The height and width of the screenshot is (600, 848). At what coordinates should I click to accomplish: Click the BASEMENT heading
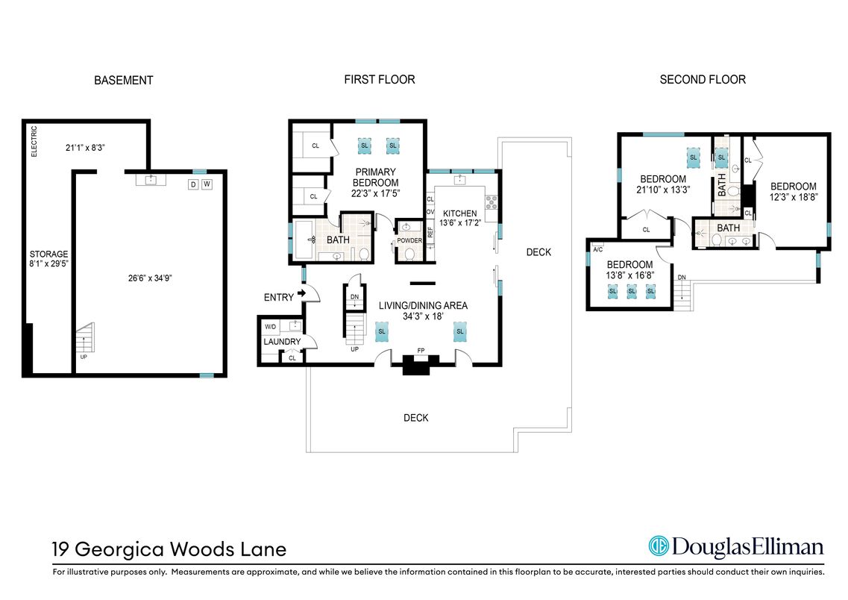123,81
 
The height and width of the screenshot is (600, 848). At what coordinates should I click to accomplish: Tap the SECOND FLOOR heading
703,80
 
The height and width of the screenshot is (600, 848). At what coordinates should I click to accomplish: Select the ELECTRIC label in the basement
34,142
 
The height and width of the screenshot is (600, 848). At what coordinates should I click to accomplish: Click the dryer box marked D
194,184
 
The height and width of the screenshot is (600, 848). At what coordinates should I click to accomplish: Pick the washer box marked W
207,184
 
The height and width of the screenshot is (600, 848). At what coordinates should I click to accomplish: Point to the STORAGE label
48,254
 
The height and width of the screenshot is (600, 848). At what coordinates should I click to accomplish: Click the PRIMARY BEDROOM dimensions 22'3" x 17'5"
375,194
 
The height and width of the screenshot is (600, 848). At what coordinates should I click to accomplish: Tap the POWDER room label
409,240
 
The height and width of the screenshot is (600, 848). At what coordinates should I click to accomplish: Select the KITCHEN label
459,213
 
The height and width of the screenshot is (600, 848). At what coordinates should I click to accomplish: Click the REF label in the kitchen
430,232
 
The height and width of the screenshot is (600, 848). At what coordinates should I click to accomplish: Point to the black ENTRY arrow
301,293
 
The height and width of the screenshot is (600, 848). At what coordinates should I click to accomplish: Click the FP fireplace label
421,351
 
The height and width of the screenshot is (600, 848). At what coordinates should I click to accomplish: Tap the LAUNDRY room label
282,342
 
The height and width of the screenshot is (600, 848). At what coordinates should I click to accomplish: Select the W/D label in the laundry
271,327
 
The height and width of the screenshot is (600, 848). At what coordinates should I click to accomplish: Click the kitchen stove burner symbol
491,202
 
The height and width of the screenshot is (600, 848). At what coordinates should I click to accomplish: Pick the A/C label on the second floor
597,249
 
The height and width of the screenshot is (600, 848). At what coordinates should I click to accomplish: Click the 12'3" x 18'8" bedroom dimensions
794,198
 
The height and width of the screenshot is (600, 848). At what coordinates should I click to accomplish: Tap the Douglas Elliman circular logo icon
659,546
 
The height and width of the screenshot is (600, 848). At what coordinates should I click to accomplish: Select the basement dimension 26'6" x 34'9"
150,278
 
